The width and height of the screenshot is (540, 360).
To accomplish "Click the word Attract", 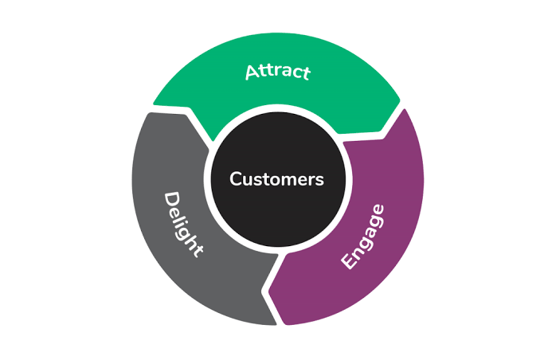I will (277, 72).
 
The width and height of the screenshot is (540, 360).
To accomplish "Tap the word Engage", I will (362, 237).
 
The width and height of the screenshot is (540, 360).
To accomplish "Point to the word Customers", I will (276, 179).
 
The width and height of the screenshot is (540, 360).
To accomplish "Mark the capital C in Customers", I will (236, 179).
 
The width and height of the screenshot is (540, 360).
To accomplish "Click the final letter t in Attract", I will (306, 74).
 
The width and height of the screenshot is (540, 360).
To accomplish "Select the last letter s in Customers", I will (319, 180).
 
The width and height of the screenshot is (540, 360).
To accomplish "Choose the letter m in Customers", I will (282, 180).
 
